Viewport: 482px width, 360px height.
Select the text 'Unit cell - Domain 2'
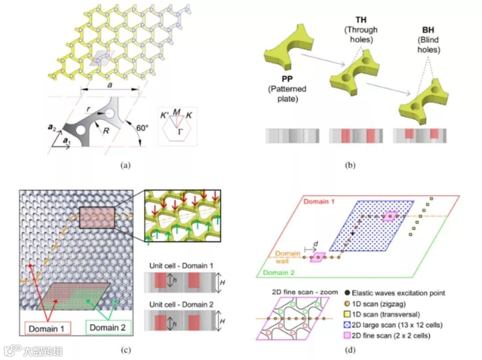click(179, 305)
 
